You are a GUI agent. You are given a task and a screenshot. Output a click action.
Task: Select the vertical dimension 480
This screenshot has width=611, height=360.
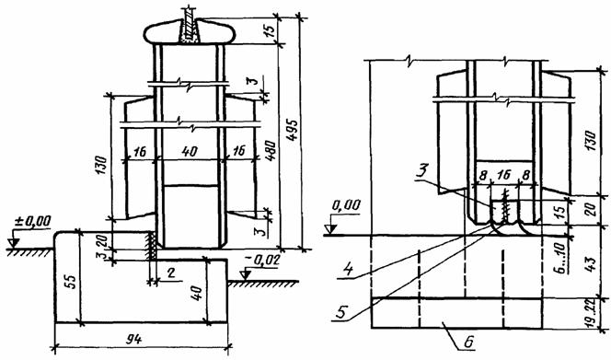[x=271, y=153]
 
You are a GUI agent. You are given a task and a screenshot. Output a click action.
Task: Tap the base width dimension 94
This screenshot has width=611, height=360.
[x=134, y=340]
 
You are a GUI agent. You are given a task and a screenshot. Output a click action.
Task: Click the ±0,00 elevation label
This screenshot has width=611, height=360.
[x=33, y=221]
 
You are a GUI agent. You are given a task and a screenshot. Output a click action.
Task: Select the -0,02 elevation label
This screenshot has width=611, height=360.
[x=262, y=261]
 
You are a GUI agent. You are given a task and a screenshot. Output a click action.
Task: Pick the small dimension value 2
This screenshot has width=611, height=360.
[x=170, y=273]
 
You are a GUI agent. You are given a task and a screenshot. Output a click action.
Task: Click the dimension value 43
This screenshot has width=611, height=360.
[x=591, y=264]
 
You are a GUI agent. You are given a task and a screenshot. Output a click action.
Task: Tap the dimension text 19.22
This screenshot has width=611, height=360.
[x=591, y=314]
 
